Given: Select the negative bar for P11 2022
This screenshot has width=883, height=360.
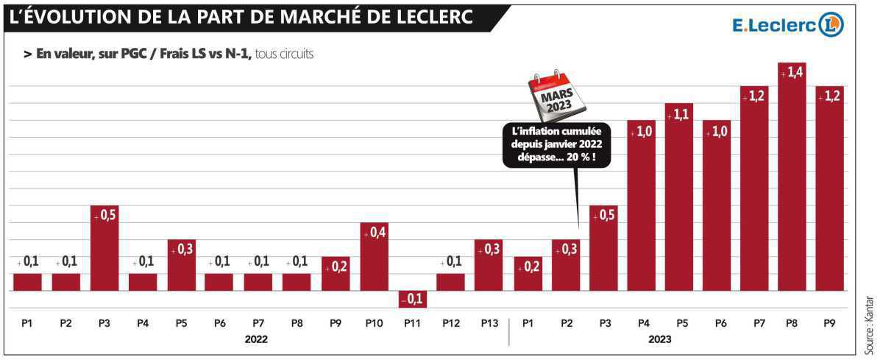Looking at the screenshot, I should tap(412, 299).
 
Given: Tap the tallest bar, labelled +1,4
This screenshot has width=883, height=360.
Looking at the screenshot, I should tap(792, 177).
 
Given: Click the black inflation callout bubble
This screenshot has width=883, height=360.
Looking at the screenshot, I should tap(556, 144).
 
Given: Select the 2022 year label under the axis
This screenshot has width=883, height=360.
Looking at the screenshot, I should tap(256, 339).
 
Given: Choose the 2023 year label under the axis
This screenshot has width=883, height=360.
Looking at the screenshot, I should tap(660, 339).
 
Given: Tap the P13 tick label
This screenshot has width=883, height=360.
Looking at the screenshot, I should tap(489, 322).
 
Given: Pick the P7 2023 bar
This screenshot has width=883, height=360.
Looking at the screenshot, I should tap(755, 188).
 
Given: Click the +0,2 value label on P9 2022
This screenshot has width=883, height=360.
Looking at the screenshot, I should tap(336, 267).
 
